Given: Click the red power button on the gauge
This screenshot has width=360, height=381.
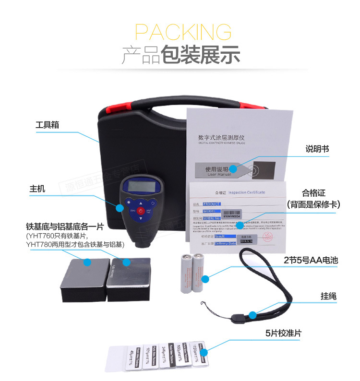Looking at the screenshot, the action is click(140, 211).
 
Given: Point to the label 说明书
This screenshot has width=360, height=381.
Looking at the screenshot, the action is click(317, 149).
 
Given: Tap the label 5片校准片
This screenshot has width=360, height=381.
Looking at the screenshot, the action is click(283, 333).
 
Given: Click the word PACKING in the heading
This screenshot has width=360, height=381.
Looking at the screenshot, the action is click(183, 31).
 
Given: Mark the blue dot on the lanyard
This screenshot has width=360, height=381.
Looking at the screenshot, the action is click(252, 315).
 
